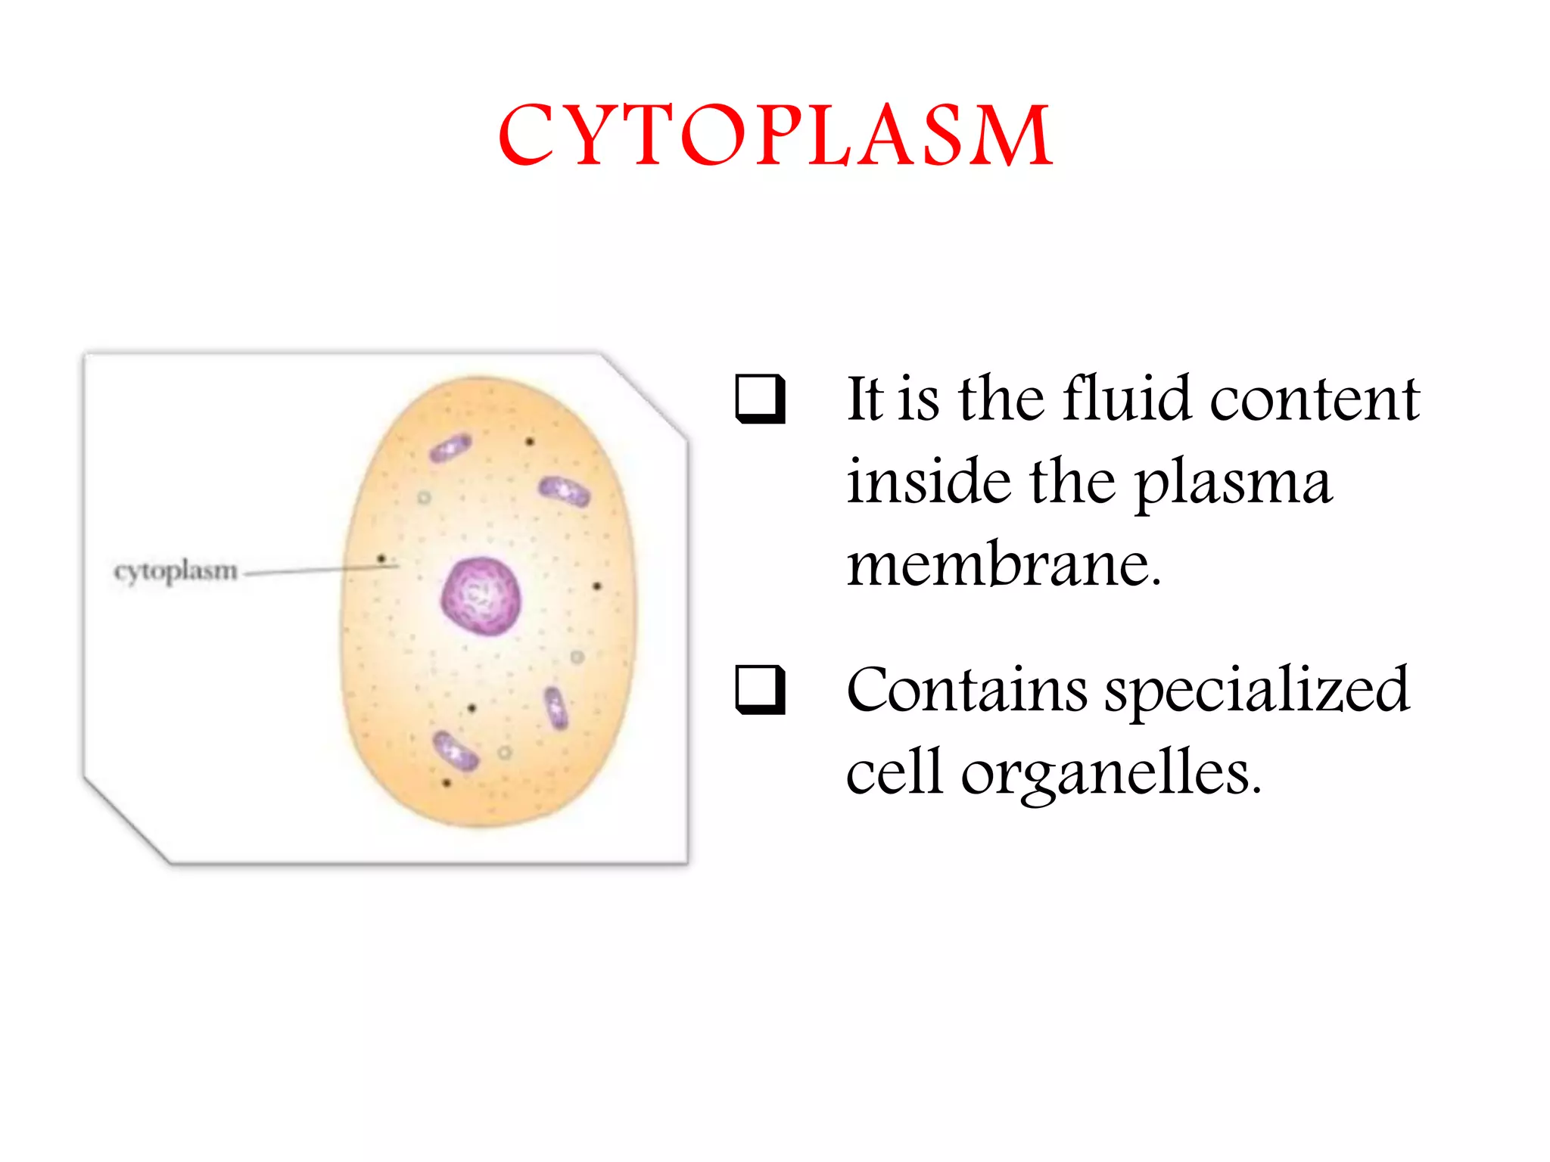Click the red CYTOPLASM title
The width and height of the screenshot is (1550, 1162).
coord(775,136)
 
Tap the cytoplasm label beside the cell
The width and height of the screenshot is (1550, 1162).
coord(176,571)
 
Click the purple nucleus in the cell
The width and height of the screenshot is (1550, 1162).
coord(482,596)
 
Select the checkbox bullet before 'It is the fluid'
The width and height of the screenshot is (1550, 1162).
coord(759,399)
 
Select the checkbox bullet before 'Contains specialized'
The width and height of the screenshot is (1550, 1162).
coord(759,689)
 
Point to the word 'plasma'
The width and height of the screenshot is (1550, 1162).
coord(1233,482)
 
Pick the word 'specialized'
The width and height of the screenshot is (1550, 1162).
coord(1256,691)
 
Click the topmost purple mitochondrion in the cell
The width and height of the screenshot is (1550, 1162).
coord(450,448)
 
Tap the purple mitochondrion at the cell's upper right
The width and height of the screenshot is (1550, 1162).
coord(565,492)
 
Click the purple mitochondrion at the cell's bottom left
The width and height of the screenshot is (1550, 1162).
coord(455,750)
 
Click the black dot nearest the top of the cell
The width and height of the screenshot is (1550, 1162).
coord(530,441)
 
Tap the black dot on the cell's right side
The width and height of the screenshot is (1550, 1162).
coord(596,586)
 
